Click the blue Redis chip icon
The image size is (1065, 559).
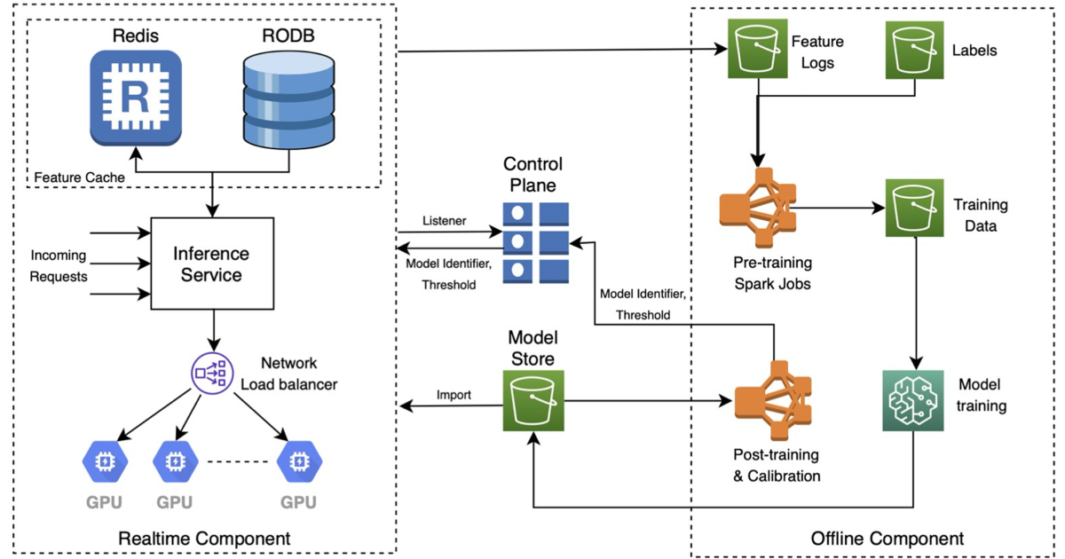[x=136, y=98]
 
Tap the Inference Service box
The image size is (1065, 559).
[x=210, y=264]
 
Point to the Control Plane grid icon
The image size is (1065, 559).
[x=537, y=240]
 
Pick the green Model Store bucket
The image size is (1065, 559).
[x=532, y=404]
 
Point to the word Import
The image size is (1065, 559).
[x=454, y=394]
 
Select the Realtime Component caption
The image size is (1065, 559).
[x=205, y=539]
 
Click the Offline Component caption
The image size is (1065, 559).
[x=887, y=539]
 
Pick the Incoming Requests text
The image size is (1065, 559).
[x=59, y=265]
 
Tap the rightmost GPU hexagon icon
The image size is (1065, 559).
[x=299, y=461]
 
